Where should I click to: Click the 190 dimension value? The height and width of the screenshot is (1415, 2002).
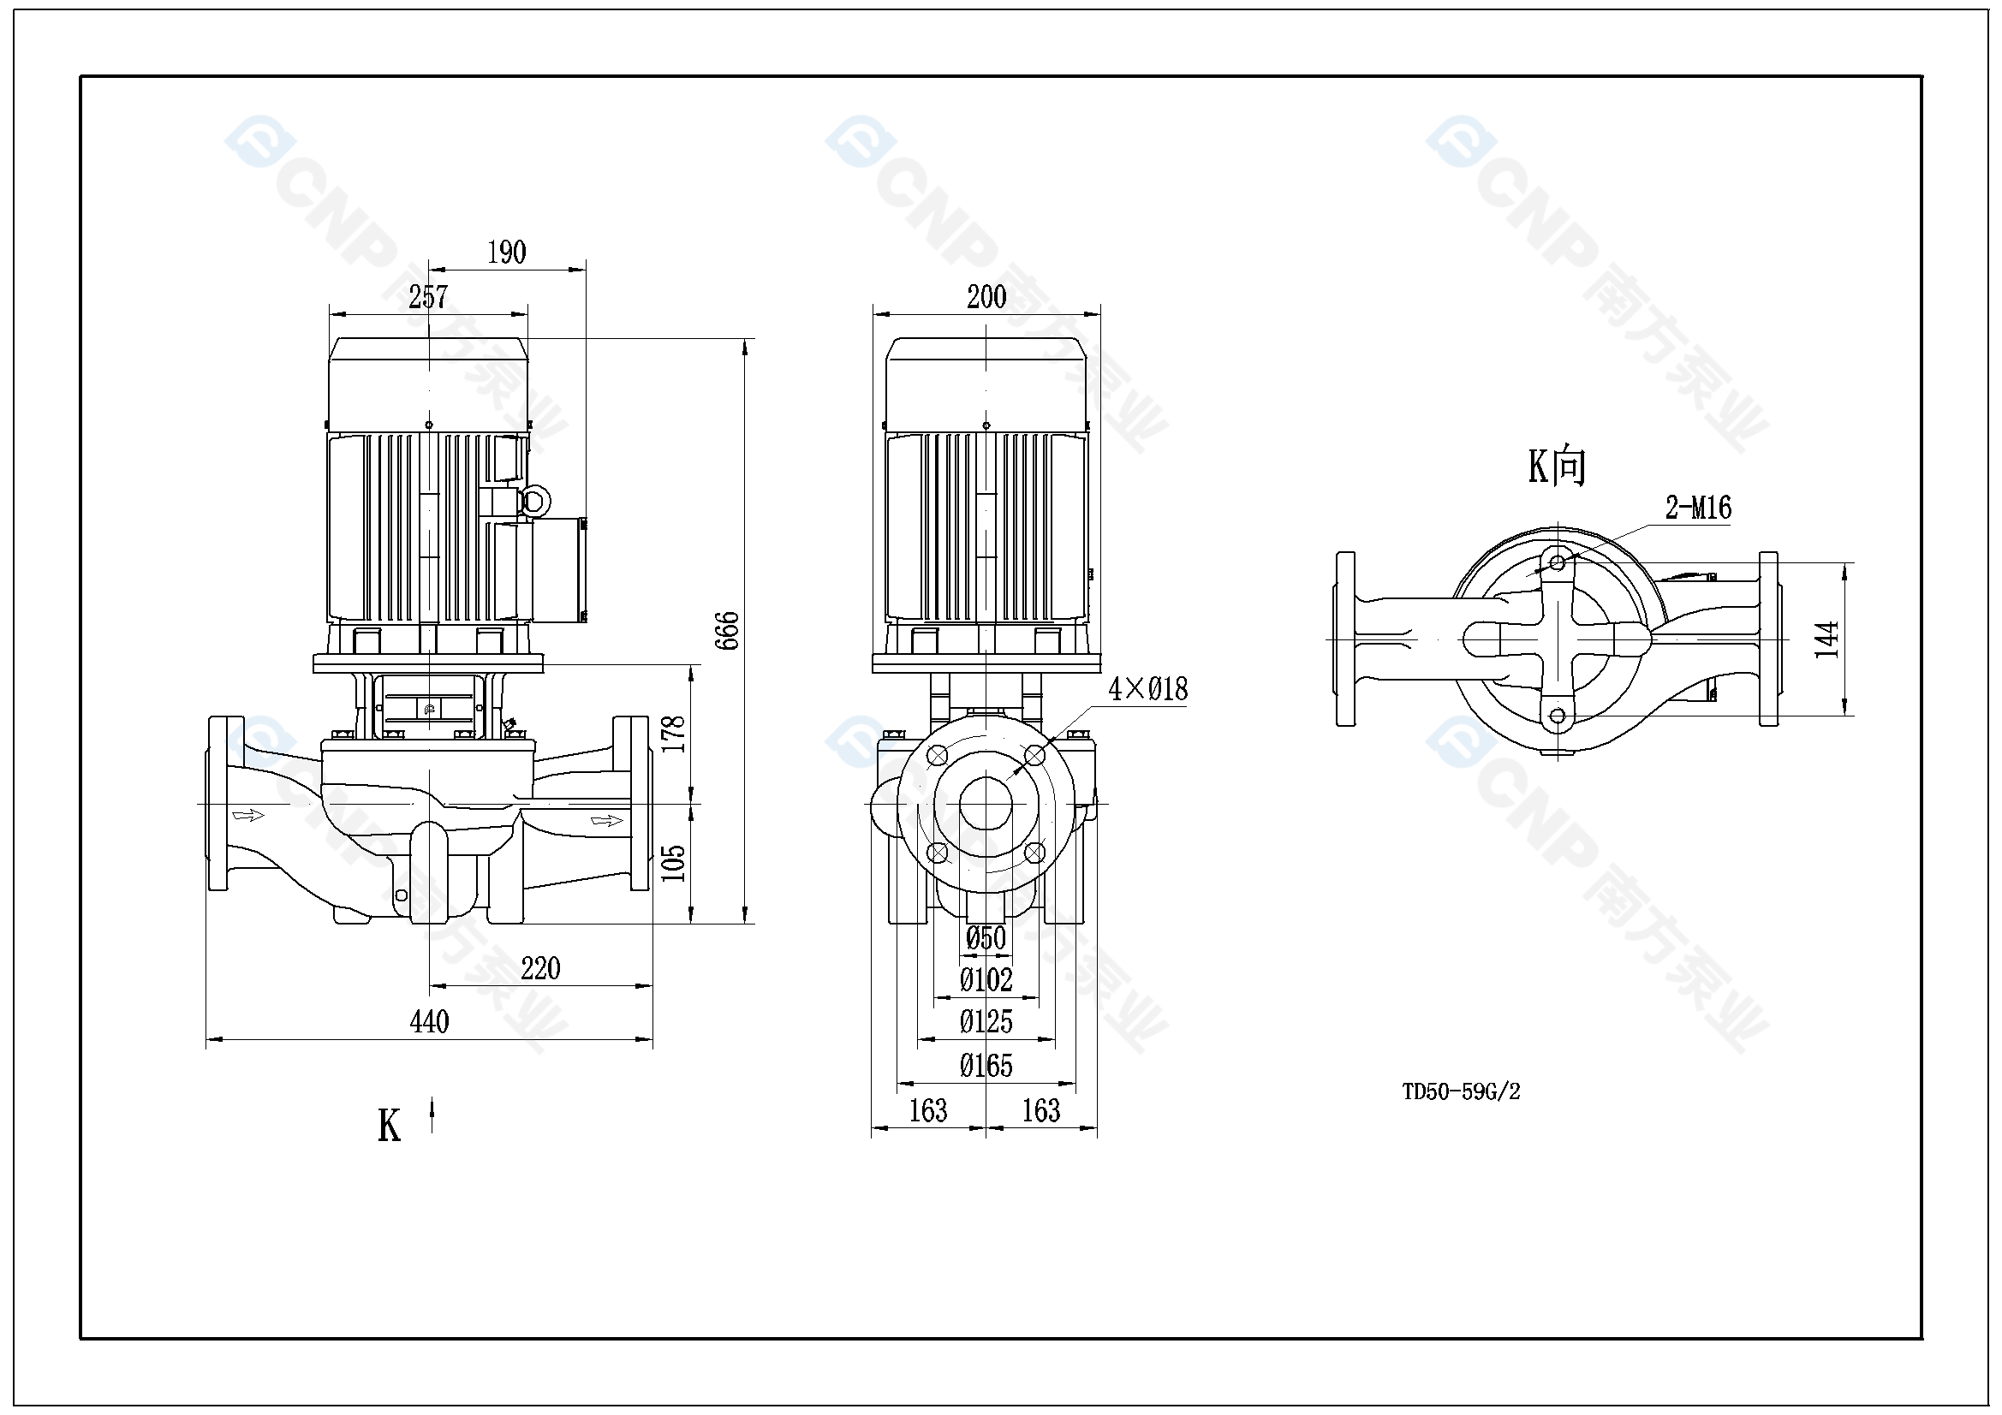[x=507, y=253]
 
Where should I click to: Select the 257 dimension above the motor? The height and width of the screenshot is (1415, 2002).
[x=428, y=297]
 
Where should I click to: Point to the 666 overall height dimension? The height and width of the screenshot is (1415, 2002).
[x=727, y=630]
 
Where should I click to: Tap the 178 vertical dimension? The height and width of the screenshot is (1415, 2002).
[x=673, y=734]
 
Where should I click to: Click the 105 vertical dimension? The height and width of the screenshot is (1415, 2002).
[x=673, y=863]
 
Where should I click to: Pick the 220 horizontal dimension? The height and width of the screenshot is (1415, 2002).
[x=540, y=969]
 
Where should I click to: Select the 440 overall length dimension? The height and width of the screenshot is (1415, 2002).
[x=429, y=1022]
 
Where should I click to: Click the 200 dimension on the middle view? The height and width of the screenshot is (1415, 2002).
[x=986, y=297]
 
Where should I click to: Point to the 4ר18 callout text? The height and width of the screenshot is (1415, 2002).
[x=1147, y=690]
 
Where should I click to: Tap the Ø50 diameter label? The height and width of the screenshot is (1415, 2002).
[x=986, y=938]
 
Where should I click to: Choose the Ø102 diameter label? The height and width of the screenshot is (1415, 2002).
[x=986, y=980]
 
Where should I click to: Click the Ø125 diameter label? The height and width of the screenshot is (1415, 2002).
[x=986, y=1022]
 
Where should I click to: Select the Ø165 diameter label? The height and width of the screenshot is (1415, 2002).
[x=986, y=1066]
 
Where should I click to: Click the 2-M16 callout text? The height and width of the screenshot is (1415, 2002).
[x=1698, y=508]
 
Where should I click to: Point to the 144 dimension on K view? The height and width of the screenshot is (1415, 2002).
[x=1826, y=639]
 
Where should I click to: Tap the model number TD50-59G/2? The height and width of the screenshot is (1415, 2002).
[x=1461, y=1092]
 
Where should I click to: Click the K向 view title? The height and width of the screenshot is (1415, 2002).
[x=1558, y=467]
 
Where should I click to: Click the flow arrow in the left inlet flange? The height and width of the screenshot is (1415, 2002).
[x=248, y=815]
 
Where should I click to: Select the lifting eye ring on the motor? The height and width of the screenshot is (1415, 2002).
[x=533, y=502]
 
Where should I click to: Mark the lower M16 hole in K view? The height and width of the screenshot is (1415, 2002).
[x=1558, y=716]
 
